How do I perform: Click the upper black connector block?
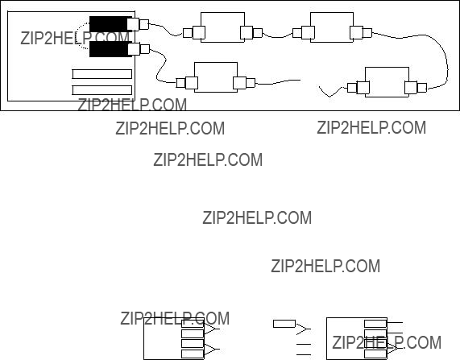click(x=109, y=24)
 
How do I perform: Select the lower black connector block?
click(x=109, y=49)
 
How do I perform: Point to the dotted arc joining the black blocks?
click(x=81, y=35)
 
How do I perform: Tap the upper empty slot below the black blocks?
click(x=102, y=74)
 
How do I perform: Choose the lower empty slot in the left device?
click(x=102, y=90)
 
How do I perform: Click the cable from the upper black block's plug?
click(x=166, y=29)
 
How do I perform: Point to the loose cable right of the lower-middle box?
click(x=277, y=81)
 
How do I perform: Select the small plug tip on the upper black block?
click(x=144, y=24)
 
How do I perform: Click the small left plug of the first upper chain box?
click(x=188, y=33)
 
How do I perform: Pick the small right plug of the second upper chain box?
click(x=367, y=32)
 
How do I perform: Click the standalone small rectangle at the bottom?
click(x=284, y=324)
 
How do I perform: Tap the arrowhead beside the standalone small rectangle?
click(x=304, y=329)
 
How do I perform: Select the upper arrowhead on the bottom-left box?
click(x=212, y=329)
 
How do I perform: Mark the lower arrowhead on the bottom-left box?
click(x=212, y=350)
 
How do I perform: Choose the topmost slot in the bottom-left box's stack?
click(x=193, y=324)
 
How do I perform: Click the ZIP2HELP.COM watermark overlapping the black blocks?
click(x=75, y=38)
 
